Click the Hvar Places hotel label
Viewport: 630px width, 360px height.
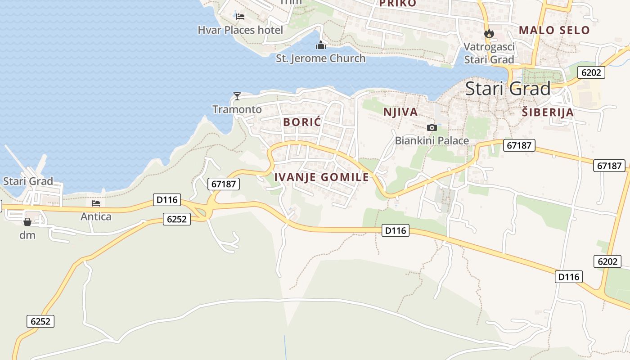click(x=240, y=30)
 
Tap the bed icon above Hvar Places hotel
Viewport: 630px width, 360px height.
click(x=240, y=17)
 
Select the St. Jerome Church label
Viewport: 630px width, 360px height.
click(x=320, y=58)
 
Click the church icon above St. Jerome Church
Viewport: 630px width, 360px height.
click(x=320, y=45)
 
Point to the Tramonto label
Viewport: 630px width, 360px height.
click(x=237, y=109)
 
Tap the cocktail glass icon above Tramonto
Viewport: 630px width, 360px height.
click(x=237, y=96)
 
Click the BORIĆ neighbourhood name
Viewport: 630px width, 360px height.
click(x=302, y=122)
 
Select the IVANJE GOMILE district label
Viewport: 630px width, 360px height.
click(x=321, y=177)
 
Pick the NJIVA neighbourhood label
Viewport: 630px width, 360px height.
click(x=400, y=112)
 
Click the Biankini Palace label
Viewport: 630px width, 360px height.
click(x=432, y=140)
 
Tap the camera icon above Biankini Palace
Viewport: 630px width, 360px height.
click(x=432, y=127)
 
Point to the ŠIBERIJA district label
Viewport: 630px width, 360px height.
click(x=548, y=112)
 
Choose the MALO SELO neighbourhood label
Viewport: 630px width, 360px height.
click(x=554, y=30)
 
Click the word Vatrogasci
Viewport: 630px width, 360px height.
click(x=489, y=47)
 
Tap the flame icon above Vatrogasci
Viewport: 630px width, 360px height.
click(x=489, y=33)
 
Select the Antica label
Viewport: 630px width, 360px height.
click(x=96, y=216)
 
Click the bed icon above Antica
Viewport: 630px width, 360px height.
click(x=96, y=203)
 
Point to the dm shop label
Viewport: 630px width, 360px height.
click(x=27, y=235)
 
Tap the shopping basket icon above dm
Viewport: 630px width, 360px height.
click(x=27, y=222)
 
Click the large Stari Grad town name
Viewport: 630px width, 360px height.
click(x=508, y=89)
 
